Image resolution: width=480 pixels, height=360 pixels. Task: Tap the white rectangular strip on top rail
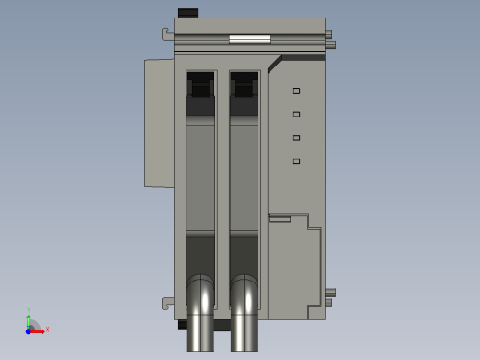(x=249, y=40)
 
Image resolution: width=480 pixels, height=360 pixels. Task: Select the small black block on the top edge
(x=187, y=13)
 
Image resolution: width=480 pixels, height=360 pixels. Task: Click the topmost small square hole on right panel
(x=296, y=90)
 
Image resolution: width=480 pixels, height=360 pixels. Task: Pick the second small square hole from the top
(x=296, y=114)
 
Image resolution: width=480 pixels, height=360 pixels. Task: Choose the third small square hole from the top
(x=296, y=138)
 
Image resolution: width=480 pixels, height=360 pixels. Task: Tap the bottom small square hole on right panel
(x=296, y=162)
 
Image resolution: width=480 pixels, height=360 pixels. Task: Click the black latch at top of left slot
(x=200, y=88)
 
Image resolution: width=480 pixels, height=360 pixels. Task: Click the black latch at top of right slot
(x=244, y=88)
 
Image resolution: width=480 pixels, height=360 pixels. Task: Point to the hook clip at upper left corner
(x=168, y=35)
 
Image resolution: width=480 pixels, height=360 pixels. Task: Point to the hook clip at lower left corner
(x=168, y=302)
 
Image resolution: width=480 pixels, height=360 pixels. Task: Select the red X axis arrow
(x=40, y=330)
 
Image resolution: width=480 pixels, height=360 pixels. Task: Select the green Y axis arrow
(x=29, y=317)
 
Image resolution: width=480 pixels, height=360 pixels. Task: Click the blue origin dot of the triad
(x=29, y=330)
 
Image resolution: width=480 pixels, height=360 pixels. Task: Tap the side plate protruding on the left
(x=159, y=123)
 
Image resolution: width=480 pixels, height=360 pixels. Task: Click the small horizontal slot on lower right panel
(x=279, y=219)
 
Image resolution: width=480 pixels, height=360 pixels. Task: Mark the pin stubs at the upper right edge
(x=330, y=40)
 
